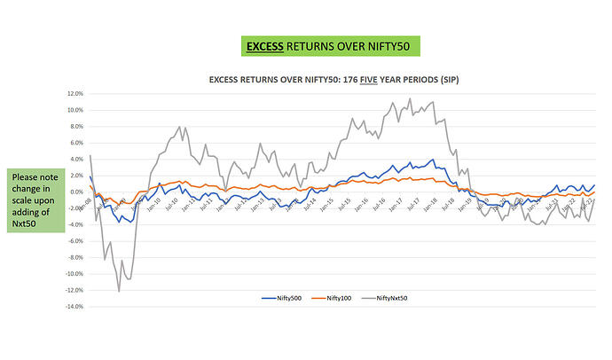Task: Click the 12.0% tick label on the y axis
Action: pyautogui.click(x=75, y=93)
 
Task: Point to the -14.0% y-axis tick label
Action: pyautogui.click(x=74, y=307)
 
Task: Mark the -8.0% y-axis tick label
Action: pyautogui.click(x=75, y=257)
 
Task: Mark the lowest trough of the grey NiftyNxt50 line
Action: pyautogui.click(x=119, y=291)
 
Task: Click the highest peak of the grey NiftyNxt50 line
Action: pyautogui.click(x=410, y=98)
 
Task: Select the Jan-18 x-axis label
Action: pyautogui.click(x=431, y=203)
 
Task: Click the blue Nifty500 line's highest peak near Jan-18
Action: pyautogui.click(x=432, y=160)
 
